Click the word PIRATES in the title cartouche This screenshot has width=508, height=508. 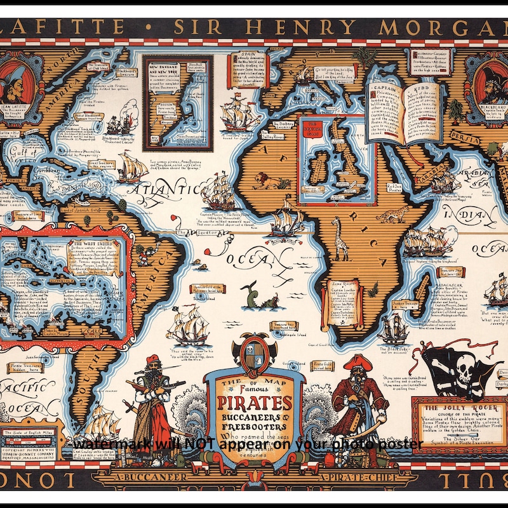pos(255,403)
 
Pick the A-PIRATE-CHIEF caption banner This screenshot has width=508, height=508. pos(356,476)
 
